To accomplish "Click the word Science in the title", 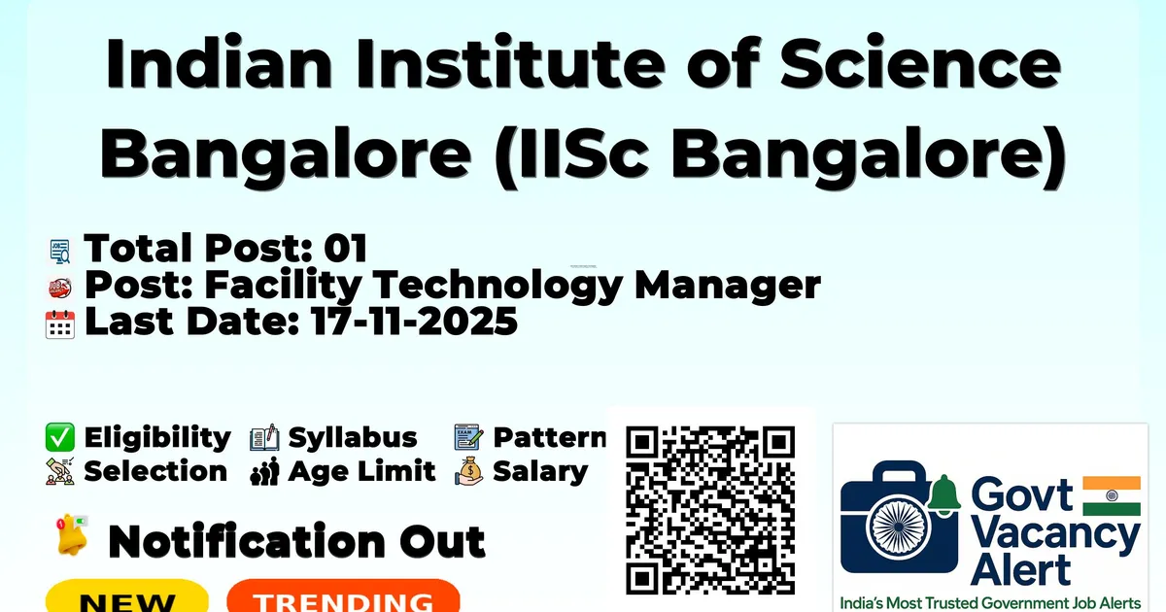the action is (x=920, y=62).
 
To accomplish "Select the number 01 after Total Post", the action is (x=346, y=248).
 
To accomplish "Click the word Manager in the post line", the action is (x=727, y=286).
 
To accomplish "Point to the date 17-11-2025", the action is (x=414, y=322).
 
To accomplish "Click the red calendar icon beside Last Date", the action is (x=60, y=324).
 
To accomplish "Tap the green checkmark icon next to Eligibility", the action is (x=60, y=437).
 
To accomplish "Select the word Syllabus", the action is (x=353, y=437).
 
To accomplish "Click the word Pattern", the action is (x=550, y=437).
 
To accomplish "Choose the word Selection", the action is (x=155, y=471).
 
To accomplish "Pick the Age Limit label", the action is (x=361, y=471).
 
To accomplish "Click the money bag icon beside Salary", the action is (x=469, y=471).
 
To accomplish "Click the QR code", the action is (x=710, y=510).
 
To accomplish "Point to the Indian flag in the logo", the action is (x=1112, y=496).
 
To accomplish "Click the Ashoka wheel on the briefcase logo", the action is (x=898, y=527).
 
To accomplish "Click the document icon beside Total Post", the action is (x=60, y=252).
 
